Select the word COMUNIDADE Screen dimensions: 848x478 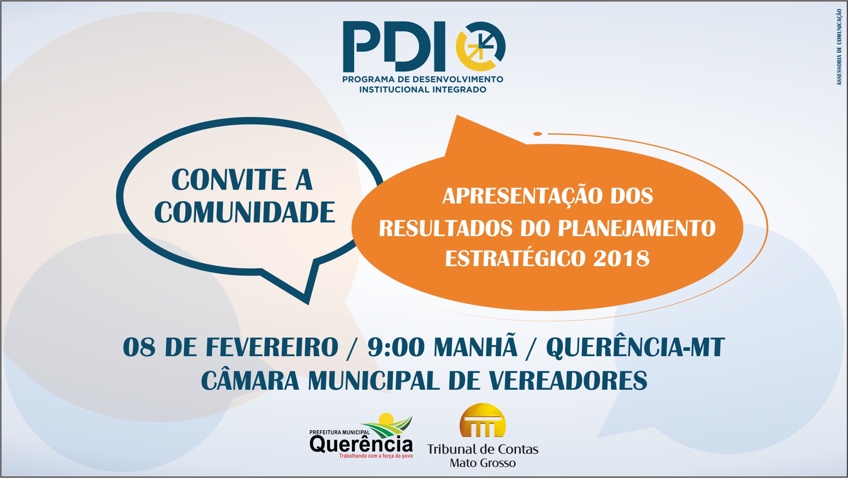coord(245,212)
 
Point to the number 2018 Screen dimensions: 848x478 coord(622,259)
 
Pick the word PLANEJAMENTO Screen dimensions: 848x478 coord(637,228)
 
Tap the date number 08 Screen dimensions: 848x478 coord(139,347)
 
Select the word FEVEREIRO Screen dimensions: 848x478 coord(272,347)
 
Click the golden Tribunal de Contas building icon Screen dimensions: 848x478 coord(482,420)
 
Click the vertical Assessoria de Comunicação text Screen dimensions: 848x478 coord(839,47)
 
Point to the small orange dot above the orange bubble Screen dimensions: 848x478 coord(537,134)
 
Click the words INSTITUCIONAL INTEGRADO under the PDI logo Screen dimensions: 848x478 coord(422,90)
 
